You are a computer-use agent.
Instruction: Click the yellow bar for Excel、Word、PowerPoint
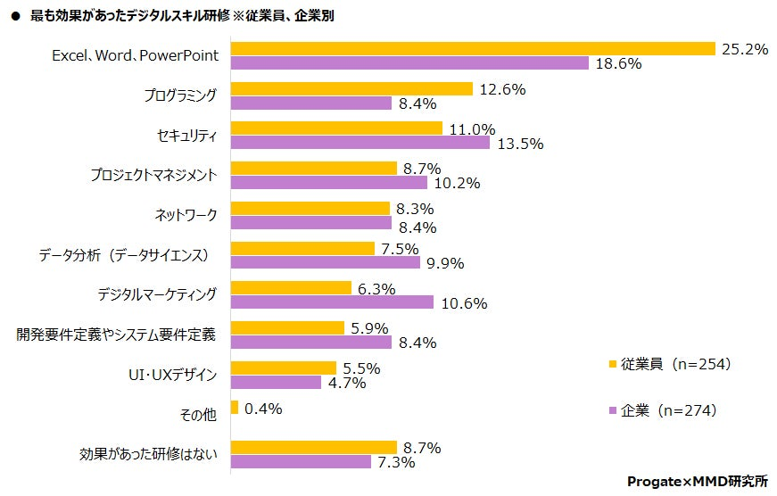click(473, 49)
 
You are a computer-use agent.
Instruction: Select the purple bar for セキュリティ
click(360, 143)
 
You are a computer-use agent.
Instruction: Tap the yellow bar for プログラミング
click(351, 89)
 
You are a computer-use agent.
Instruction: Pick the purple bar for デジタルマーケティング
click(332, 302)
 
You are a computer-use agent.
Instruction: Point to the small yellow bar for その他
click(235, 408)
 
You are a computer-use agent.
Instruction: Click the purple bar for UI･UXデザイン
click(276, 382)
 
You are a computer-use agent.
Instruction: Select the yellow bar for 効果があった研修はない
click(313, 447)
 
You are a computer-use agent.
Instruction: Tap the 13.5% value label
click(519, 144)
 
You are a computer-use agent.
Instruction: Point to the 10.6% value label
click(463, 303)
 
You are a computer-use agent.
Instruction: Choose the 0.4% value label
click(263, 409)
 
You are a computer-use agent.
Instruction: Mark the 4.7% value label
click(348, 383)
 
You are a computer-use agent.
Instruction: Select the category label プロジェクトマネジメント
click(153, 175)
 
